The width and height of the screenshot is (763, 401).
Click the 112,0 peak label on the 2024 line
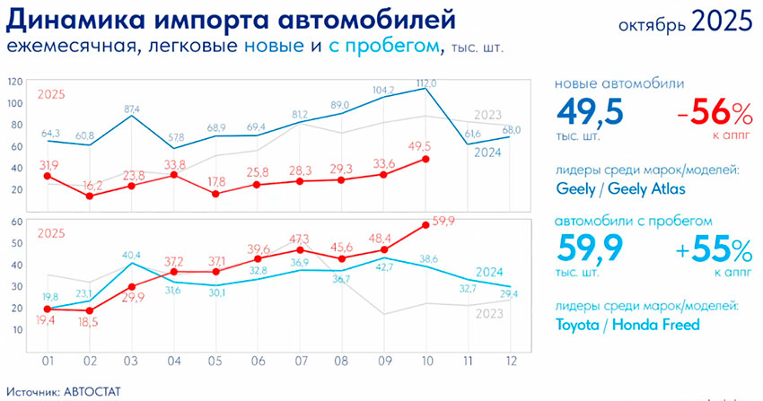click(x=426, y=83)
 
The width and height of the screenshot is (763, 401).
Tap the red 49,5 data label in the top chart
click(x=419, y=147)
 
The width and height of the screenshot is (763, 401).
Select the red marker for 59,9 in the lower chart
click(x=425, y=224)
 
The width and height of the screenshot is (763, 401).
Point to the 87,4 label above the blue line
click(x=131, y=109)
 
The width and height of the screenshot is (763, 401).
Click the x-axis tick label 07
click(x=302, y=362)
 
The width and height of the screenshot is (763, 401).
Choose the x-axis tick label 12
click(x=510, y=362)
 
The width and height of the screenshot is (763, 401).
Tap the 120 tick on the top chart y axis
click(x=15, y=83)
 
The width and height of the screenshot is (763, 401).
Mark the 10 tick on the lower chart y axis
click(x=18, y=330)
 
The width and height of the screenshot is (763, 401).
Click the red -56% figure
click(x=715, y=114)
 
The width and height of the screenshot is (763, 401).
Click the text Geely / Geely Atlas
click(x=620, y=188)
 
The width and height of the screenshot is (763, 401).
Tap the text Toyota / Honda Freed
click(x=627, y=324)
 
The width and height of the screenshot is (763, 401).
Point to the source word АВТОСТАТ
click(x=92, y=392)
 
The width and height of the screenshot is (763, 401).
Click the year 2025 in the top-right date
click(x=722, y=21)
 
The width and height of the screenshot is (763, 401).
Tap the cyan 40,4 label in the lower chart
click(x=131, y=256)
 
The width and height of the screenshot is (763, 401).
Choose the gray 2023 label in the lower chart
click(x=489, y=313)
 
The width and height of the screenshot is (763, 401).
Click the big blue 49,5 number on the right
click(x=590, y=111)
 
